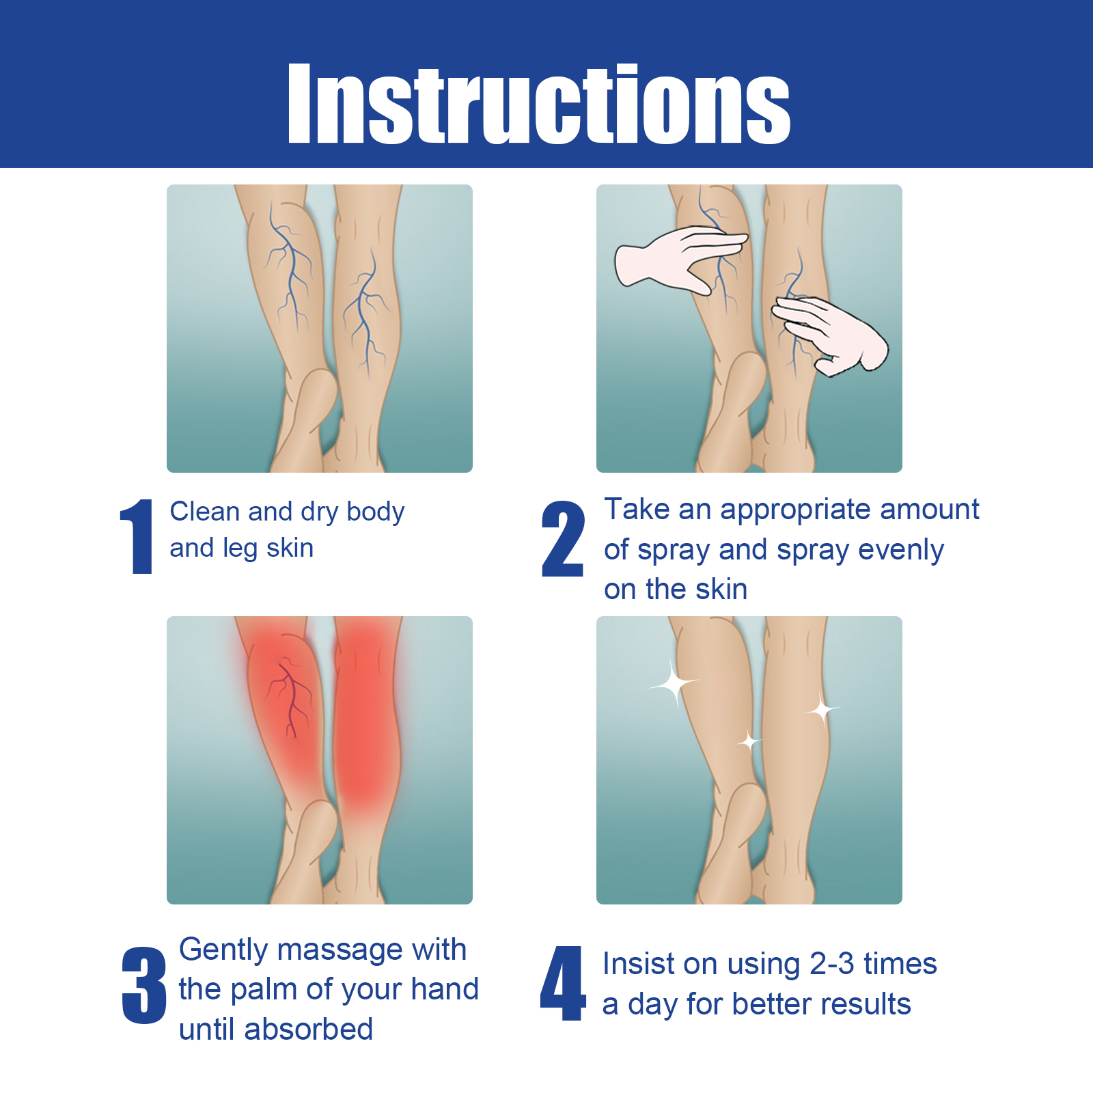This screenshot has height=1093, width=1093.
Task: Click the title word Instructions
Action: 539,103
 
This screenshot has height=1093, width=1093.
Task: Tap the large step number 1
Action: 138,536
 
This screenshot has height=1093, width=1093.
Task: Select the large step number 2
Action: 563,538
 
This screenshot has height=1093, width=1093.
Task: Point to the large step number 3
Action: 144,984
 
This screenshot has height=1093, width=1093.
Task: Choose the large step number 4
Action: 563,984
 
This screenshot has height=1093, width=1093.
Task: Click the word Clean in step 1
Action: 204,511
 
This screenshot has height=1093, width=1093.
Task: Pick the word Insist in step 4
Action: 638,963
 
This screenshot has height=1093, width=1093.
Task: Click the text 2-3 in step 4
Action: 831,964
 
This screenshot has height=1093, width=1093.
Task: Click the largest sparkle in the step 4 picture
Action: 674,683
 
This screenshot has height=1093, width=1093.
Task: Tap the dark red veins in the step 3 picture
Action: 290,697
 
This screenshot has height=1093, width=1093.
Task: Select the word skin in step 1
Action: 290,548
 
